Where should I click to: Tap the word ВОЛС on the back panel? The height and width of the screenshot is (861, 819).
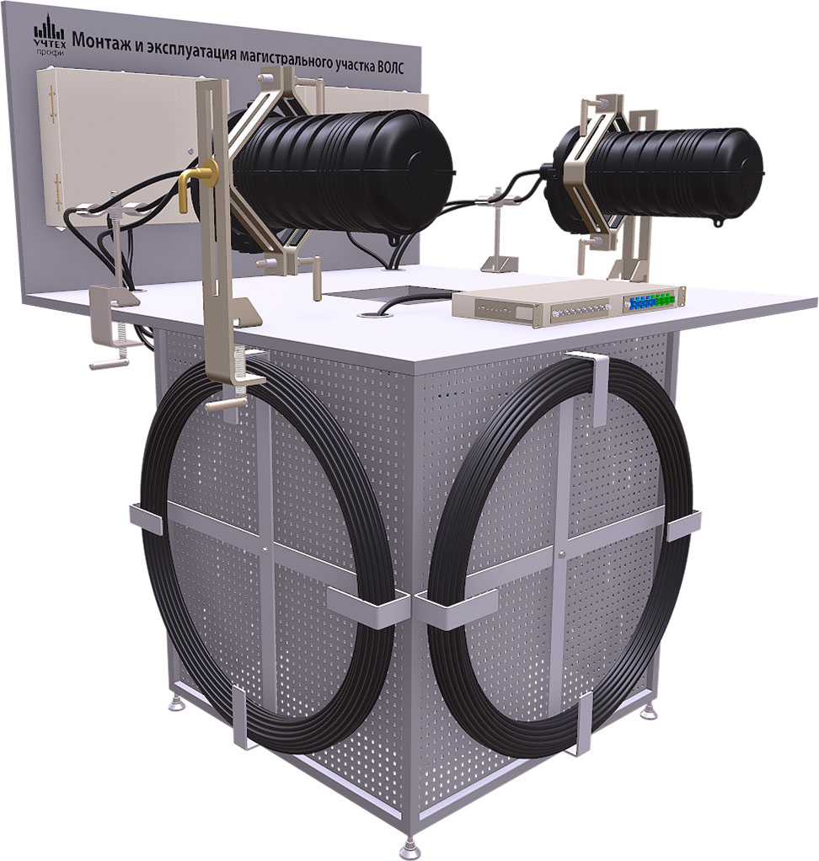point(393,70)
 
